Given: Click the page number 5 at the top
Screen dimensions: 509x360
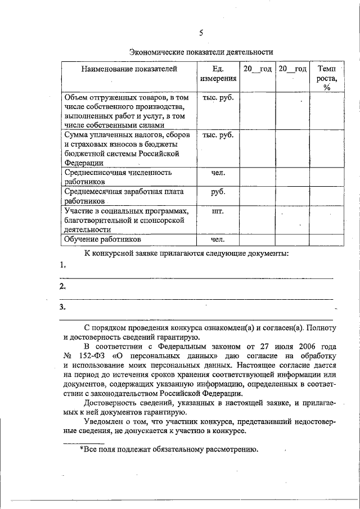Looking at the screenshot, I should (x=201, y=32).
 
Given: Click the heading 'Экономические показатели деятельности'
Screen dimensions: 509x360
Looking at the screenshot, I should (x=201, y=52).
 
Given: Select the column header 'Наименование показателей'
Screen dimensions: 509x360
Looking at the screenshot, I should (x=129, y=69).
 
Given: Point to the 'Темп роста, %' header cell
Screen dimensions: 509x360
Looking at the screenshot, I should (x=326, y=78).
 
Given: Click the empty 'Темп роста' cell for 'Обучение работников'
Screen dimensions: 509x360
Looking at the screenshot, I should (x=326, y=240).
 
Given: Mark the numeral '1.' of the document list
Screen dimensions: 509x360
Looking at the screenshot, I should (x=63, y=265).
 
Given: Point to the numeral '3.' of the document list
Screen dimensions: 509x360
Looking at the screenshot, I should (x=63, y=307).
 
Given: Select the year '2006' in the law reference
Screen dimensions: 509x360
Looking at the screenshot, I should (x=298, y=346).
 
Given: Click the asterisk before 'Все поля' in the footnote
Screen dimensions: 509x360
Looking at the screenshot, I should (x=82, y=449).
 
